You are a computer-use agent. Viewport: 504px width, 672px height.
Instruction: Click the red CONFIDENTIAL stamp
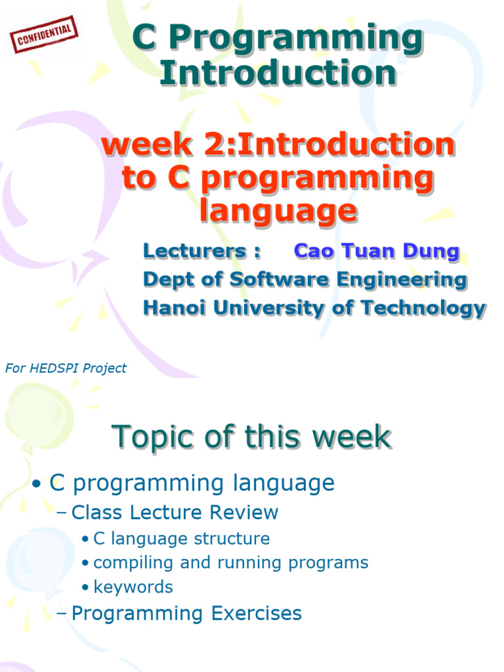(x=44, y=35)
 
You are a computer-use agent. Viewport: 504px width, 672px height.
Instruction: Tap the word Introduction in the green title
(x=278, y=73)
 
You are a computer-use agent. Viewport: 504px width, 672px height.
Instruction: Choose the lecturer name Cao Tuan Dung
(x=377, y=251)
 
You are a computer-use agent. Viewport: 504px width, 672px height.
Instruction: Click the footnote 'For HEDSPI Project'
(x=66, y=368)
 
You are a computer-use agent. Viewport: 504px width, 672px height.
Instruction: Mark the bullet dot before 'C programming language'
(x=37, y=484)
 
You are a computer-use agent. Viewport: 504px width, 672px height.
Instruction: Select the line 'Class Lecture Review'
(x=175, y=513)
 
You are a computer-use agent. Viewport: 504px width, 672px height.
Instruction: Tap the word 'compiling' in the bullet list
(x=124, y=562)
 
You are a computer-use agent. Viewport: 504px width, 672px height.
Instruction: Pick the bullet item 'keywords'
(x=133, y=587)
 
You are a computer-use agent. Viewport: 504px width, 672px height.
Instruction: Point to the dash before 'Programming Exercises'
(x=63, y=614)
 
